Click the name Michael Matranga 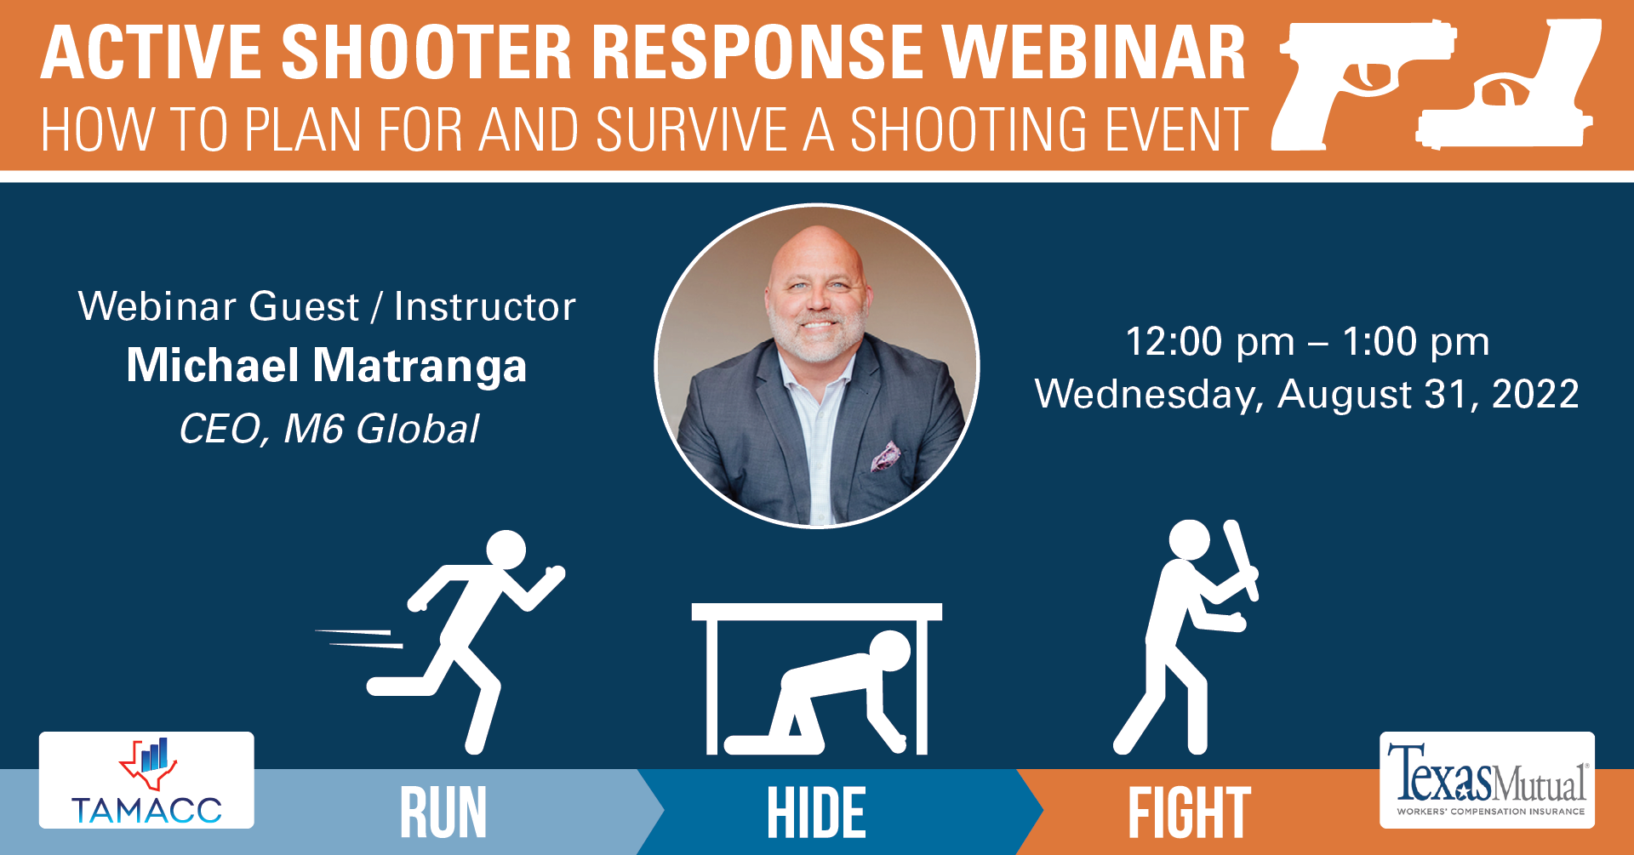tap(327, 365)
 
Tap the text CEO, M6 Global tap(329, 429)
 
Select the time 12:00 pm tap(1210, 342)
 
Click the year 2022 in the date tap(1535, 394)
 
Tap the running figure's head tap(506, 550)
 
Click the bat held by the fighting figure tap(1241, 561)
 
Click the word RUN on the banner tap(443, 813)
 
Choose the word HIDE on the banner tap(816, 813)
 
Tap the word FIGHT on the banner tap(1189, 813)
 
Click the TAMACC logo tap(146, 780)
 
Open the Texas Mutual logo tap(1487, 780)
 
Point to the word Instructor tap(485, 307)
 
